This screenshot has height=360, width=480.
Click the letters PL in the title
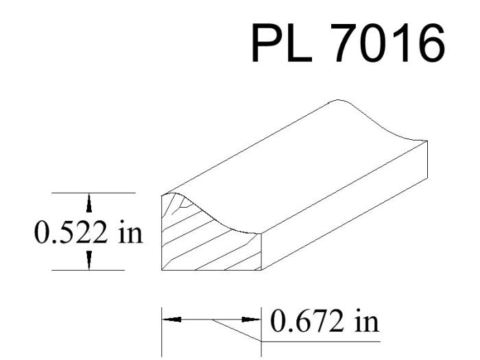282,43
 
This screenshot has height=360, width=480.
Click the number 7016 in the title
388,43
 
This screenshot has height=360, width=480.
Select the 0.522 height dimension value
71,232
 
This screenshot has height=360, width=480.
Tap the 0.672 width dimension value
307,321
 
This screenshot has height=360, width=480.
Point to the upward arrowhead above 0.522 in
88,203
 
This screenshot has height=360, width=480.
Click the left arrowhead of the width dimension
171,320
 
